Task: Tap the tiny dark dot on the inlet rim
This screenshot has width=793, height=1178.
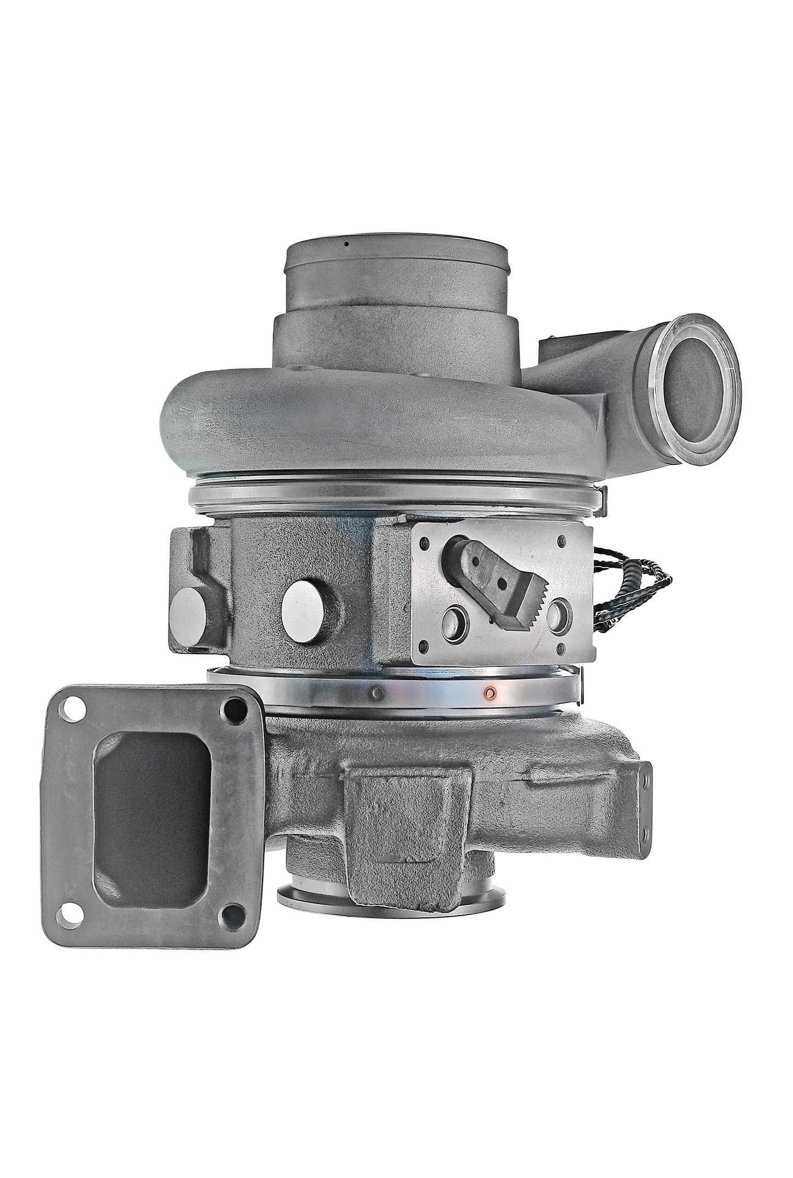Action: (x=346, y=244)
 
